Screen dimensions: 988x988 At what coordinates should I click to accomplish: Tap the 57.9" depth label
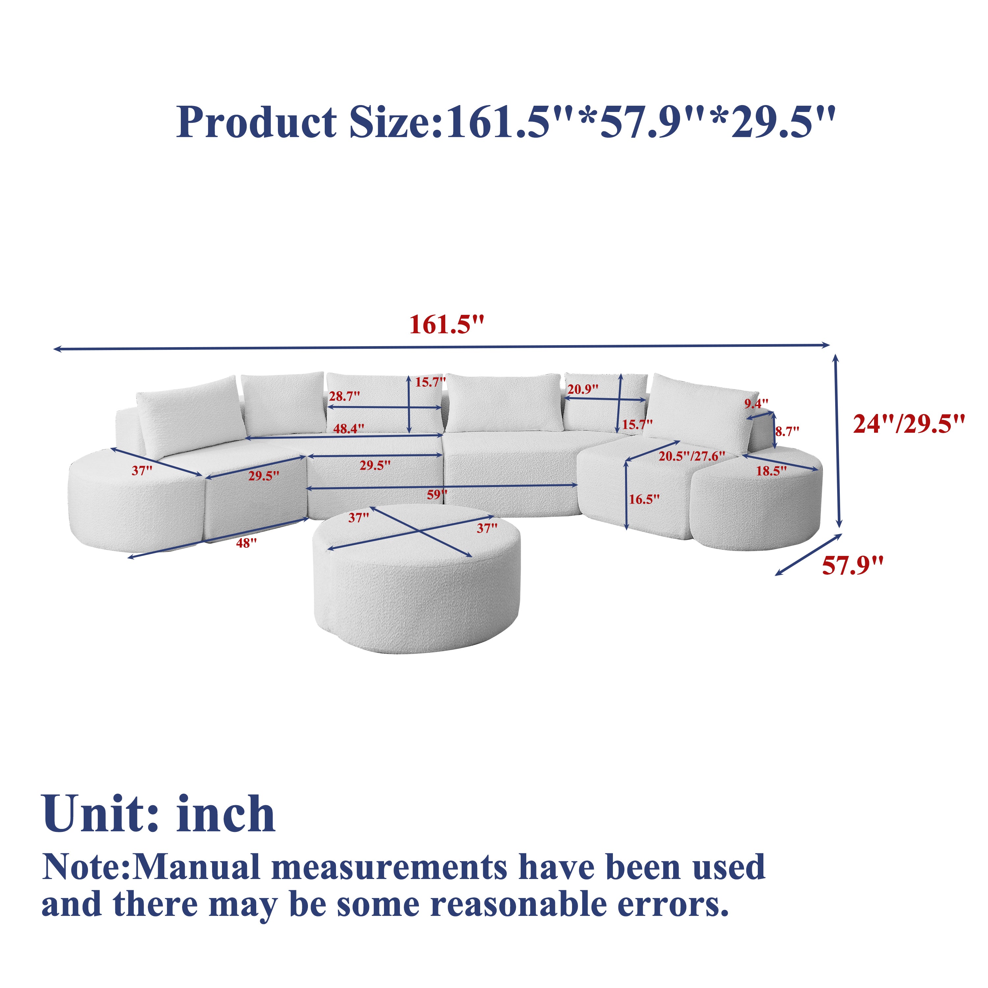pyautogui.click(x=853, y=566)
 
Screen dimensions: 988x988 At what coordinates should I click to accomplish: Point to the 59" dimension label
pyautogui.click(x=437, y=495)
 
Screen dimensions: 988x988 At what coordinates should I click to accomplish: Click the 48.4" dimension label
pyautogui.click(x=349, y=428)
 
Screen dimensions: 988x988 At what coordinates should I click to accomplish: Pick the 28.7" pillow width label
pyautogui.click(x=344, y=396)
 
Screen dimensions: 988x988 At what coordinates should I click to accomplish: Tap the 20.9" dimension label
pyautogui.click(x=583, y=389)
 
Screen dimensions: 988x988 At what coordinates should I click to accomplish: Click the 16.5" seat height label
pyautogui.click(x=645, y=499)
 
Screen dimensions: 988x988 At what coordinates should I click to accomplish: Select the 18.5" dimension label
pyautogui.click(x=772, y=471)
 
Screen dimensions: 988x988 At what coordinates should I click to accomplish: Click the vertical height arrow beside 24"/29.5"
pyautogui.click(x=837, y=441)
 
